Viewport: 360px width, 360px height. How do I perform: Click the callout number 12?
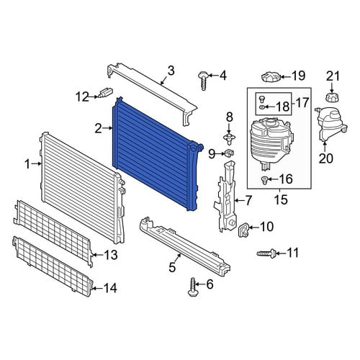tap(82, 96)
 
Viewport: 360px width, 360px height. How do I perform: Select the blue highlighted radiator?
tap(156, 153)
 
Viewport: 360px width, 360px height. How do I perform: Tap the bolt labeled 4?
tap(203, 81)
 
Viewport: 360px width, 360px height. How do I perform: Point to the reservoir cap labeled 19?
tap(271, 77)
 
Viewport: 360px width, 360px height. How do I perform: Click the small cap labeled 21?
tap(331, 97)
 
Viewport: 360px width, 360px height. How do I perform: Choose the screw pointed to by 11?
tap(266, 253)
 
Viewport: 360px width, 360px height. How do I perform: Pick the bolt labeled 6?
tap(192, 287)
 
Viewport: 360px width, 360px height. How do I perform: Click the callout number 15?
tap(280, 199)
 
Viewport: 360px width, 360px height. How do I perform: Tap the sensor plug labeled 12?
tap(106, 92)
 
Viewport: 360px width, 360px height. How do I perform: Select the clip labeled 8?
tap(229, 138)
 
